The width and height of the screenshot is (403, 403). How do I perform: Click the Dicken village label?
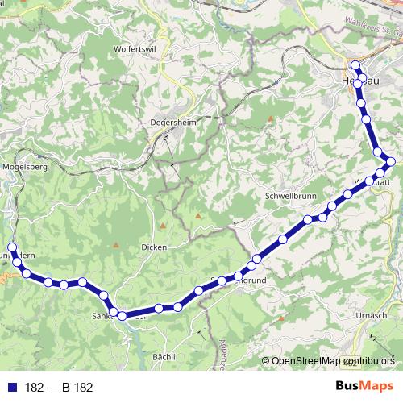(x=153, y=247)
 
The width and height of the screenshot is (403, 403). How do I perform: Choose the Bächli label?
(x=164, y=355)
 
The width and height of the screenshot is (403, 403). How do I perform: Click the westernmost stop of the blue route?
(x=11, y=247)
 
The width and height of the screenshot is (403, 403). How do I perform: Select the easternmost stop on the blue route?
(x=391, y=162)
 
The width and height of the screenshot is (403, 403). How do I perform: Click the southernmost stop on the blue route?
(x=123, y=317)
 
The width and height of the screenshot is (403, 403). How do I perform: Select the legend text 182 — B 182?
(x=59, y=388)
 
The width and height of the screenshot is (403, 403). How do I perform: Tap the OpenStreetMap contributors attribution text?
(x=333, y=362)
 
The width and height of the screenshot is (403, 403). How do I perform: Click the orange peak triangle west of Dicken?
(x=116, y=244)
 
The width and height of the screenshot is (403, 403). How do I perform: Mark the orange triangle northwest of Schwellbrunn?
(x=270, y=119)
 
